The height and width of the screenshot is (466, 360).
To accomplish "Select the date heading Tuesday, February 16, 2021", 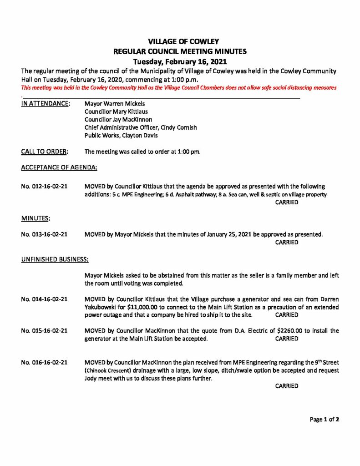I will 180,61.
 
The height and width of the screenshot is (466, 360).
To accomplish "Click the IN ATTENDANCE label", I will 46,104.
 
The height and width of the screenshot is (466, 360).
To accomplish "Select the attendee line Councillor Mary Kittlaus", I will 116,111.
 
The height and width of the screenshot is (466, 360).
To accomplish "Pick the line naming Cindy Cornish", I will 141,128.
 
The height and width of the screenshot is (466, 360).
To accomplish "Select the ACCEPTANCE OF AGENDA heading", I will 59,167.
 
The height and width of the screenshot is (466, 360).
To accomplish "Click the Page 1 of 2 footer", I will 325,420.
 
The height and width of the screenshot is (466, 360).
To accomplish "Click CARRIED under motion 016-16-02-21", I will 287,386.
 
